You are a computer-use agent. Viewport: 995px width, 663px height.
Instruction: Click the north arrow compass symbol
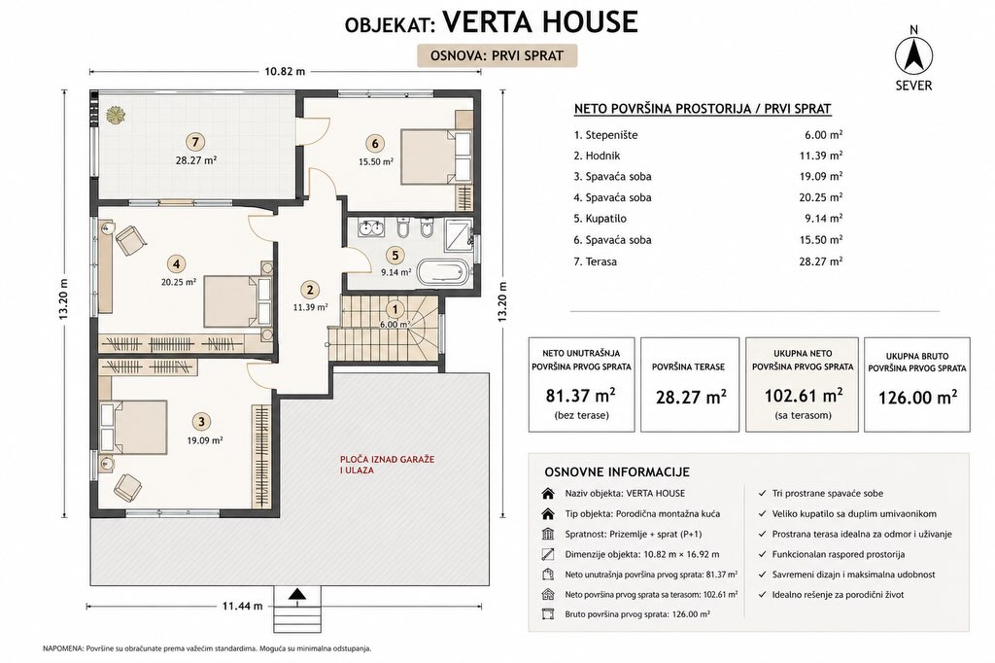913,56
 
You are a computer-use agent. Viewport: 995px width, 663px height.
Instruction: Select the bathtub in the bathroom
443,272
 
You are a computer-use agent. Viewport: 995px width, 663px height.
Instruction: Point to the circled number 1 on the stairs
395,309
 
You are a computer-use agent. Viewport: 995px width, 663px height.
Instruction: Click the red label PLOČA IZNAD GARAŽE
387,459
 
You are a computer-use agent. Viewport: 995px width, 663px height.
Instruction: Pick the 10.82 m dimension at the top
285,71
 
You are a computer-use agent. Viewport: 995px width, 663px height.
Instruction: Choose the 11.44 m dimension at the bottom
242,606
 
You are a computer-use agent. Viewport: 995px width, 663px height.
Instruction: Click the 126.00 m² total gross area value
917,397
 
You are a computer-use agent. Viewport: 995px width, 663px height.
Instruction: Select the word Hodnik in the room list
602,156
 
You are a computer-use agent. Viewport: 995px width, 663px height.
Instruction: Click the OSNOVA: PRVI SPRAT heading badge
497,55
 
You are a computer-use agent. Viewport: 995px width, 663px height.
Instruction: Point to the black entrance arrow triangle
295,594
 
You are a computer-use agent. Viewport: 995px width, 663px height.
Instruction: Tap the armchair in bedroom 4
131,240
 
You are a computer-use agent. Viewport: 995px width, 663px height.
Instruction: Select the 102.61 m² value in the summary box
804,396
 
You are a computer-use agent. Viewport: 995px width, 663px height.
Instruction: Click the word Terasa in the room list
600,261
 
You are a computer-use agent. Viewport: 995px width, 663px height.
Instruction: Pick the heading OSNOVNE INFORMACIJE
617,471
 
